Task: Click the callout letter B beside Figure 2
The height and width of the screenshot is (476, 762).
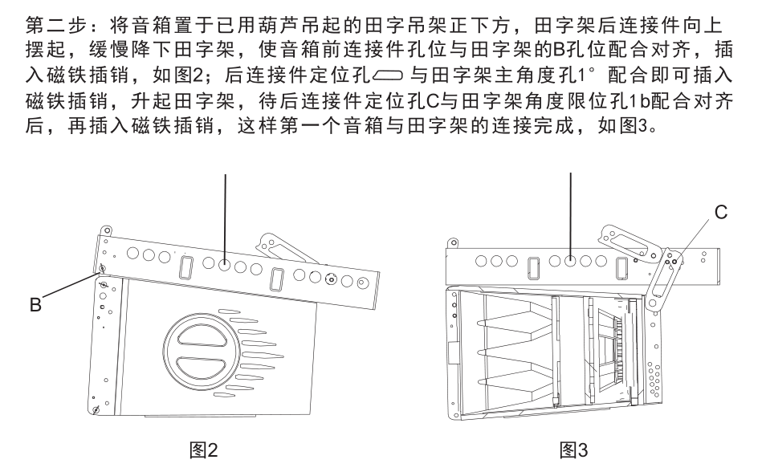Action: pos(35,306)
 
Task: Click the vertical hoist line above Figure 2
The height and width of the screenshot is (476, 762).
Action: pos(225,209)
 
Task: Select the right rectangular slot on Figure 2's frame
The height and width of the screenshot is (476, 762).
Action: pos(277,279)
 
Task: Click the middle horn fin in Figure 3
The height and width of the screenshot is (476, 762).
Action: pos(514,352)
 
